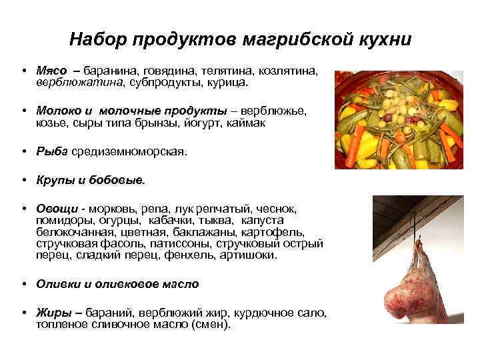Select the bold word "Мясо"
(51, 69)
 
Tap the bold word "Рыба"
(52, 152)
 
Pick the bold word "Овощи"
(55, 208)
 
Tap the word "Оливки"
(59, 284)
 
